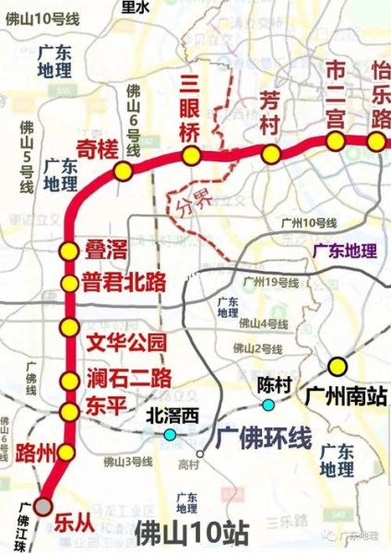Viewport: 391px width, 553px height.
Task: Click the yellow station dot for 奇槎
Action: (122, 171)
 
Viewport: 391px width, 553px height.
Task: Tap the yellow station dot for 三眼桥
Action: (191, 156)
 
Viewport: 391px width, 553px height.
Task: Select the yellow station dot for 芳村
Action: (270, 154)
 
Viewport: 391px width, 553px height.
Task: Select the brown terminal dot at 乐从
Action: (41, 505)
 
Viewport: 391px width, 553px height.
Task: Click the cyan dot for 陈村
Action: (268, 405)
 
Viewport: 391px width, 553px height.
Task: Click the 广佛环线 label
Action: (265, 441)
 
